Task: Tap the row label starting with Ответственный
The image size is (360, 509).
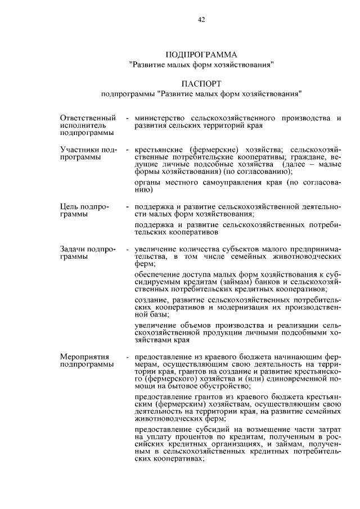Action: [x=88, y=118]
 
